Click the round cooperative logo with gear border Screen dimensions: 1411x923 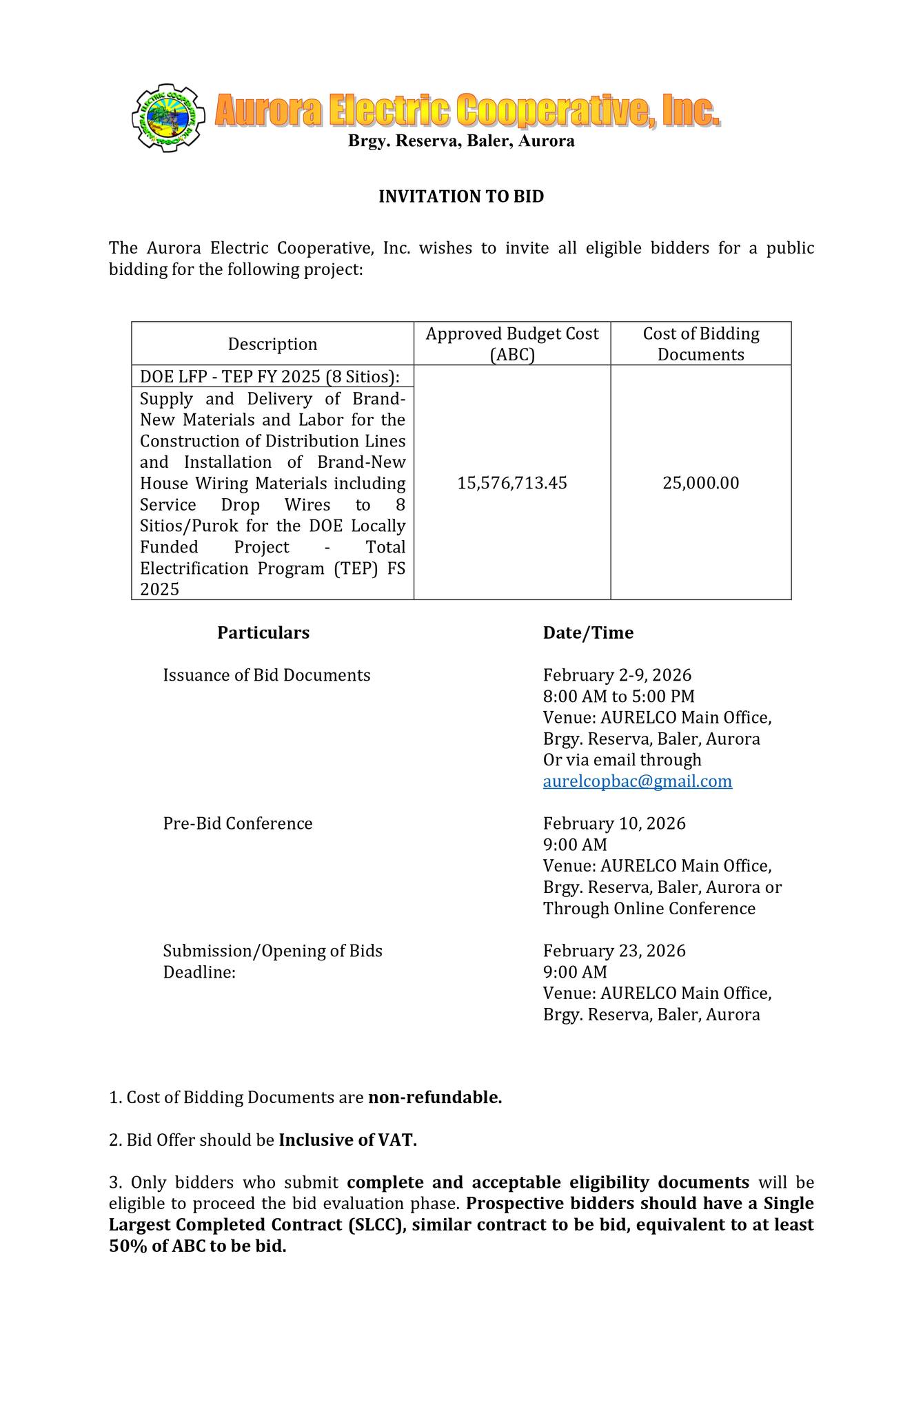pyautogui.click(x=168, y=118)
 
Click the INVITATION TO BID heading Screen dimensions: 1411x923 pyautogui.click(x=461, y=197)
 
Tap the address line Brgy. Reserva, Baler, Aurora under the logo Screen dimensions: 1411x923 pyautogui.click(x=461, y=141)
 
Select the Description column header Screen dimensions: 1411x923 pyautogui.click(x=272, y=344)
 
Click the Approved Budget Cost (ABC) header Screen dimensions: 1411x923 pyautogui.click(x=512, y=344)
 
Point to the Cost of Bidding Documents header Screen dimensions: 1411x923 pyautogui.click(x=700, y=344)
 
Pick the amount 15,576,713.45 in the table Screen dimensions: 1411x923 pyautogui.click(x=512, y=483)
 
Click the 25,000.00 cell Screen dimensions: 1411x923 pyautogui.click(x=700, y=483)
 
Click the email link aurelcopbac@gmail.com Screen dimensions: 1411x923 pyautogui.click(x=637, y=781)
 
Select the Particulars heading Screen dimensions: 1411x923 pyautogui.click(x=263, y=632)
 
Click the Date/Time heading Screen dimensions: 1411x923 pyautogui.click(x=588, y=632)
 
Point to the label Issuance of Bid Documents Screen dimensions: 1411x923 pyautogui.click(x=266, y=675)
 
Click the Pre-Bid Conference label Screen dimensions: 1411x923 pyautogui.click(x=238, y=823)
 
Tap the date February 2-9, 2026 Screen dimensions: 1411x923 pyautogui.click(x=617, y=675)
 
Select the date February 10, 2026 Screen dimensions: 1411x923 pyautogui.click(x=614, y=823)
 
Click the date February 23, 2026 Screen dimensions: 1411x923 pyautogui.click(x=614, y=951)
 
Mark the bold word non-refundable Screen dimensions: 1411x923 pyautogui.click(x=435, y=1098)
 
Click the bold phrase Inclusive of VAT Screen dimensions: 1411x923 pyautogui.click(x=347, y=1140)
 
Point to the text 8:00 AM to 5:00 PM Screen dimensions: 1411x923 pyautogui.click(x=618, y=697)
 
